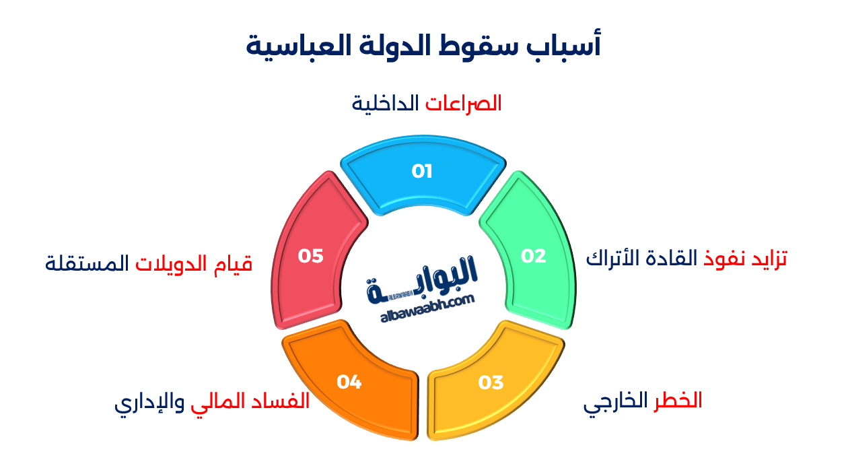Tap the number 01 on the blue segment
422,172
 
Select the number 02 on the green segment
533,257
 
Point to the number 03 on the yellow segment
491,383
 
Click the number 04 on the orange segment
349,383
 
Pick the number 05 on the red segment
311,257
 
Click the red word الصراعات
463,104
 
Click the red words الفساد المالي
250,401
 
